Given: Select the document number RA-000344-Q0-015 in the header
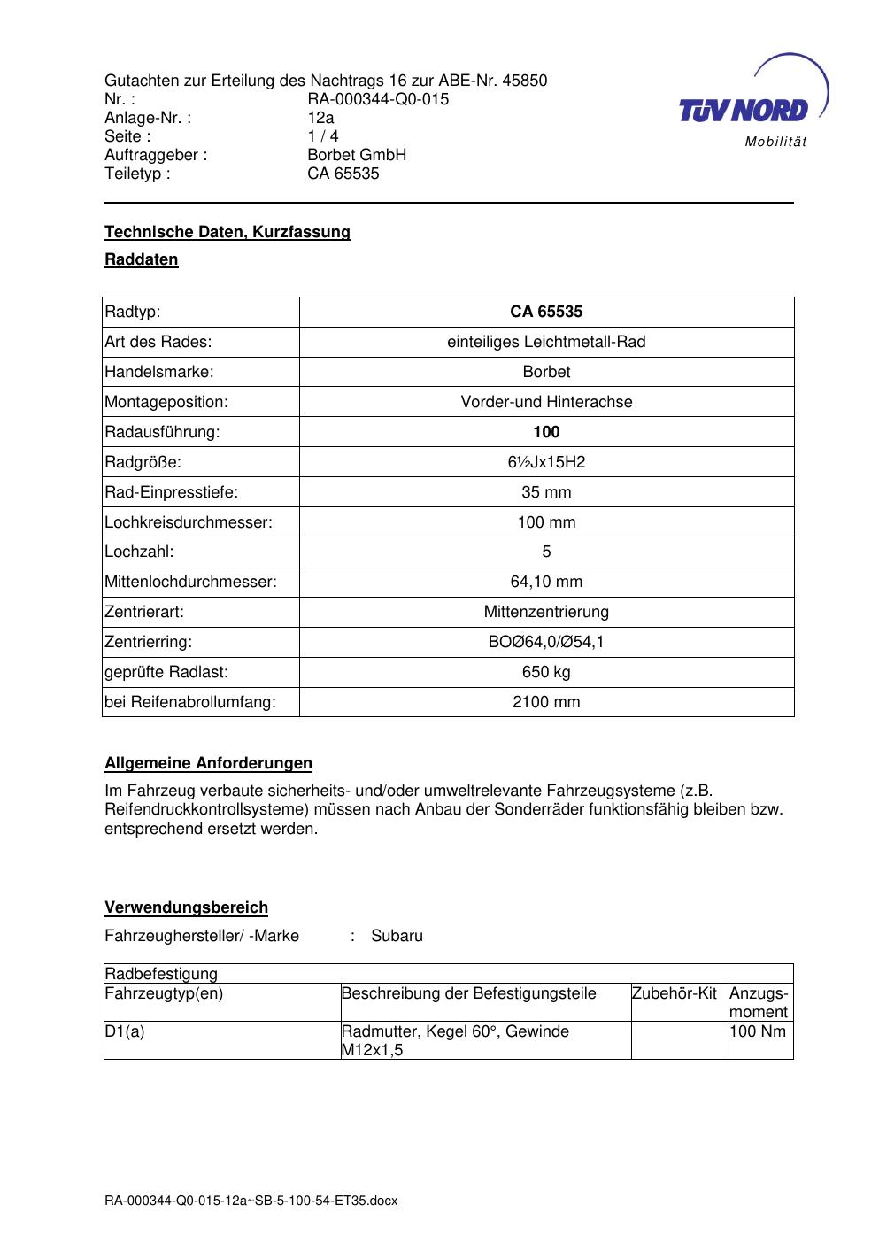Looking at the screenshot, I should tap(378, 99).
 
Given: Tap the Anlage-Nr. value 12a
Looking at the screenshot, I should tap(320, 118).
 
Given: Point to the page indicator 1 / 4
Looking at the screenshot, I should tap(323, 136).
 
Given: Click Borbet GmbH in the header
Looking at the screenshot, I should tap(357, 155).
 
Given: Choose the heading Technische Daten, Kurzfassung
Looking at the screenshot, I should tap(227, 232).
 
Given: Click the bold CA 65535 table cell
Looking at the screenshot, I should tap(546, 312).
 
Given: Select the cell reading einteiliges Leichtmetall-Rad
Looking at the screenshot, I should tap(546, 342).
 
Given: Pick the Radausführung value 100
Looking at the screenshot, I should tap(546, 432).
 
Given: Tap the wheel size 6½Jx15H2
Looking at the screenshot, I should tap(546, 462).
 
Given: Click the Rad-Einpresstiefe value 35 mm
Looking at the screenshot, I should tap(546, 492).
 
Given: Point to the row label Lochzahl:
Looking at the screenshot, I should tap(139, 552).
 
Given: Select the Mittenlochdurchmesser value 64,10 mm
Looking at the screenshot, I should tap(546, 582).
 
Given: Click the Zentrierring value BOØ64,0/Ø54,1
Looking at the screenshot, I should tap(546, 642).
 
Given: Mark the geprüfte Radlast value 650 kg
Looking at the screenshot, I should tap(546, 672).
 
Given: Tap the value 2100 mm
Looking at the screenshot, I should tap(546, 702).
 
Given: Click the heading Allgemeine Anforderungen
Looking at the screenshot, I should tap(208, 763).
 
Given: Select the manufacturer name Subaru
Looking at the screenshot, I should tap(397, 936).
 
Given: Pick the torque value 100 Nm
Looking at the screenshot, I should tap(758, 1031).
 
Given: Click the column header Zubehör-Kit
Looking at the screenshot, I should tap(675, 993).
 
